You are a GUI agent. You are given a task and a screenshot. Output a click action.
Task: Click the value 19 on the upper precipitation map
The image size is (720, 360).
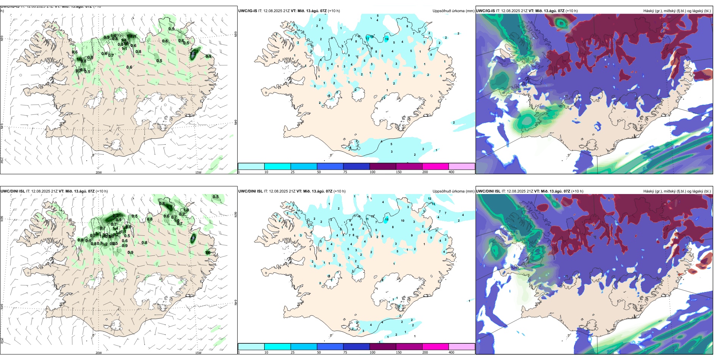(387, 39)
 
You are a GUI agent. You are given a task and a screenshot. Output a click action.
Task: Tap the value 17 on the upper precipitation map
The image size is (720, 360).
(368, 39)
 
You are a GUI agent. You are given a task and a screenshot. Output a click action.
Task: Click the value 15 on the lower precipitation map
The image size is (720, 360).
(387, 219)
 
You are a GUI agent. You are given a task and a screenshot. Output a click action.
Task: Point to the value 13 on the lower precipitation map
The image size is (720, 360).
(434, 204)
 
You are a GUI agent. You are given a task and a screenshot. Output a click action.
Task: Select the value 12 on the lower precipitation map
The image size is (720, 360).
(430, 199)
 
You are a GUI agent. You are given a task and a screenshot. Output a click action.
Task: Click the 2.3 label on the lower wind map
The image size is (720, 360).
(116, 216)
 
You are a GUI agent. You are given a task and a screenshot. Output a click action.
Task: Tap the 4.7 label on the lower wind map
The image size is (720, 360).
(193, 238)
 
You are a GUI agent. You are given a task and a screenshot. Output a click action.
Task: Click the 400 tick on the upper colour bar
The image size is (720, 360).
(451, 172)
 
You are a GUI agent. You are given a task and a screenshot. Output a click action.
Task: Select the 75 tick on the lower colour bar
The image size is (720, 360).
(345, 352)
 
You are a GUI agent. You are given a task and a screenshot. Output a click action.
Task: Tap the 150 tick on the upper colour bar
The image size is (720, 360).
(399, 172)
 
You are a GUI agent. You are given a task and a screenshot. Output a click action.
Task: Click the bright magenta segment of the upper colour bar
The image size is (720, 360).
(435, 166)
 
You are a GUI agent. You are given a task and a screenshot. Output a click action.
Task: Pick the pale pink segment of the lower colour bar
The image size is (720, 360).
(462, 347)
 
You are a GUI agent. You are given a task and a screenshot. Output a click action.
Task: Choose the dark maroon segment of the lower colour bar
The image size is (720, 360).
(383, 347)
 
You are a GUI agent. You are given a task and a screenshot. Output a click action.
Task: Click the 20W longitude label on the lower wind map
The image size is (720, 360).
(99, 353)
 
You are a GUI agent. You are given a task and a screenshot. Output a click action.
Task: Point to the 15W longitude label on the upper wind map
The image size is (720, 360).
(198, 172)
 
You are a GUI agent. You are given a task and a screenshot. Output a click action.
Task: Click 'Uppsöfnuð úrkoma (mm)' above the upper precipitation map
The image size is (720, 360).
(453, 11)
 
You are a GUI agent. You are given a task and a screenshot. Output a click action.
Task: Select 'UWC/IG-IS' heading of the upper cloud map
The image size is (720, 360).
(485, 11)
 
